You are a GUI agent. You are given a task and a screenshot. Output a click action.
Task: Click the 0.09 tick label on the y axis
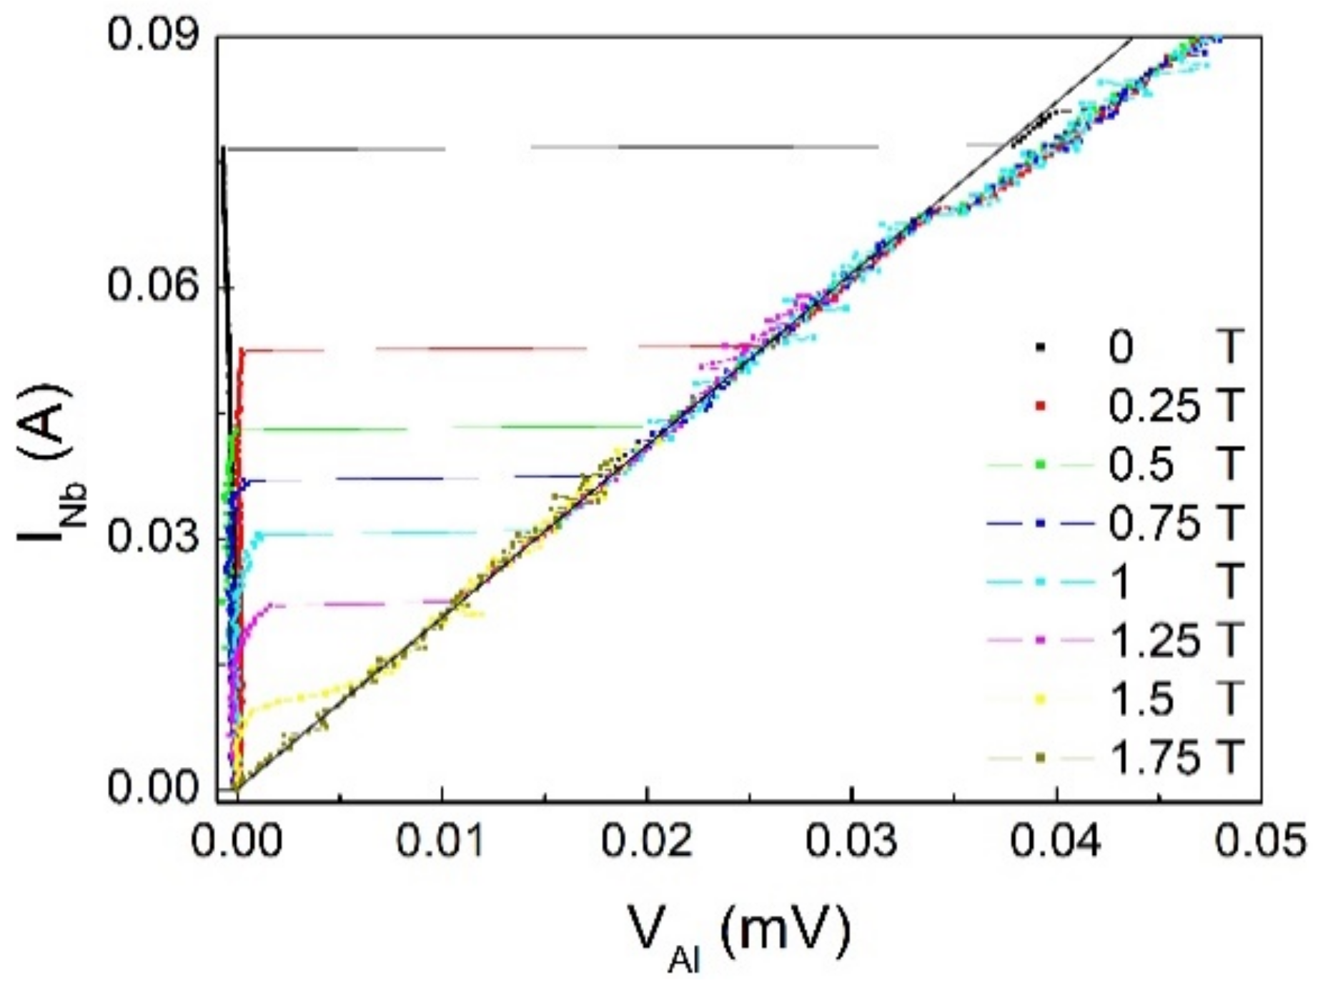click(152, 36)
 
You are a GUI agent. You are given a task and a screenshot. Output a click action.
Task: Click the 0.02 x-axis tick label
click(646, 843)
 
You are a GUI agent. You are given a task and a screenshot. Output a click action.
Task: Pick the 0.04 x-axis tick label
click(1056, 843)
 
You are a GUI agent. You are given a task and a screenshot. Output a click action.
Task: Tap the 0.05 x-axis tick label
click(1259, 843)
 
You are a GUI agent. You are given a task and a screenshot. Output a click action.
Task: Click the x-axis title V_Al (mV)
click(740, 933)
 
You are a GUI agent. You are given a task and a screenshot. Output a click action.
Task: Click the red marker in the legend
click(1041, 406)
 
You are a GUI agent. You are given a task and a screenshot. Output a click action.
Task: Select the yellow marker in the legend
click(1041, 699)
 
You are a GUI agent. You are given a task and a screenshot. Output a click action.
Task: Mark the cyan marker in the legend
click(1041, 583)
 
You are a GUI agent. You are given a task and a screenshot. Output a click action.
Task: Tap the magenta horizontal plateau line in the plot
click(357, 604)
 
